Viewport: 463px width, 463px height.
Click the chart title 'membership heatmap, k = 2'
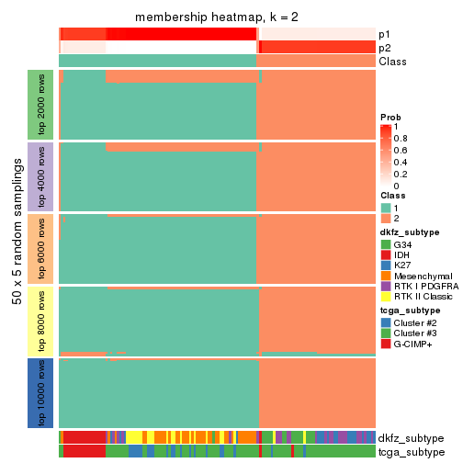point(217,18)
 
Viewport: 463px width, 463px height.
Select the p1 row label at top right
point(384,34)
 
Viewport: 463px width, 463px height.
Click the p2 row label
point(384,48)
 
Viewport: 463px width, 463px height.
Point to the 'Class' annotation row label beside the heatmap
point(392,62)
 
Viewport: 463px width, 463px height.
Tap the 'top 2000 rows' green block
point(42,104)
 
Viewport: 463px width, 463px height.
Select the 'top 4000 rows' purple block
point(42,176)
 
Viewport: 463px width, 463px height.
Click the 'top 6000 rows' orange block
point(42,249)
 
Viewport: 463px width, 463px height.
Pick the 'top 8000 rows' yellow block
point(42,321)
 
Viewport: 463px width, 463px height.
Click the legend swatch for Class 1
point(386,208)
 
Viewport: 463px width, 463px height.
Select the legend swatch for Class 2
point(386,219)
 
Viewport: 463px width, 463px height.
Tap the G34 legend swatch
point(386,244)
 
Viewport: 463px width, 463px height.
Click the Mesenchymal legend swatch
point(386,277)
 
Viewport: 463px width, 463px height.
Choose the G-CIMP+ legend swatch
point(386,344)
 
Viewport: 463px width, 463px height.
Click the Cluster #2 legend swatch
point(386,322)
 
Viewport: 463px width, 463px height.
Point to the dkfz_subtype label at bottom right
point(411,438)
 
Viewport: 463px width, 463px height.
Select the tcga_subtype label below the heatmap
point(411,452)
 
